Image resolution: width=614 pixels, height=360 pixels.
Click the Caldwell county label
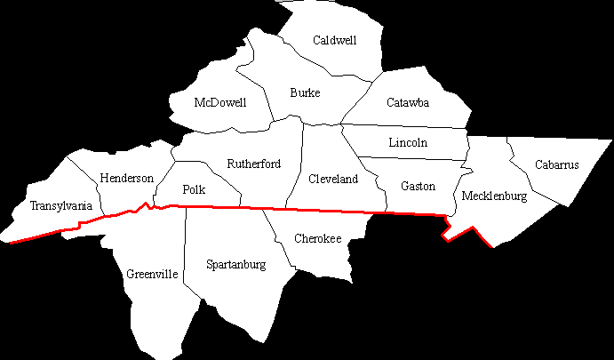(x=335, y=40)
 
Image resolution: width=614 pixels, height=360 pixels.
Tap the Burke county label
(x=305, y=92)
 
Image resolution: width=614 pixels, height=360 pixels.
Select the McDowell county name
(x=219, y=102)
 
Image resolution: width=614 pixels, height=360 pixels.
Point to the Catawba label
(x=408, y=102)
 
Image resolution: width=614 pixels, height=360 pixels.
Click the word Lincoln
(x=408, y=142)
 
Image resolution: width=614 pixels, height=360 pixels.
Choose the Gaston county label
(x=418, y=186)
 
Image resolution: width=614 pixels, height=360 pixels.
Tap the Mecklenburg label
(x=495, y=196)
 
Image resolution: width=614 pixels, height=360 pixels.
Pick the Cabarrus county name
(x=557, y=164)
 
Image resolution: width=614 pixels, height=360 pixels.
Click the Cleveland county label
(x=332, y=179)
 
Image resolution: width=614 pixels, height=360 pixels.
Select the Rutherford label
(x=253, y=164)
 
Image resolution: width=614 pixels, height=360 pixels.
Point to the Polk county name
(x=194, y=189)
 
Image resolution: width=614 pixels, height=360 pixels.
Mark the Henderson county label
(x=126, y=178)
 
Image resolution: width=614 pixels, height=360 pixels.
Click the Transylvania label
(x=60, y=206)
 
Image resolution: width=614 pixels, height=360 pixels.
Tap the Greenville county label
(x=153, y=274)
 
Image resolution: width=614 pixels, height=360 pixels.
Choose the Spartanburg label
(x=235, y=264)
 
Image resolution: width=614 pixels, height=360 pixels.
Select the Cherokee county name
(x=317, y=238)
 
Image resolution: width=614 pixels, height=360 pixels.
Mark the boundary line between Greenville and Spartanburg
(x=184, y=258)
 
